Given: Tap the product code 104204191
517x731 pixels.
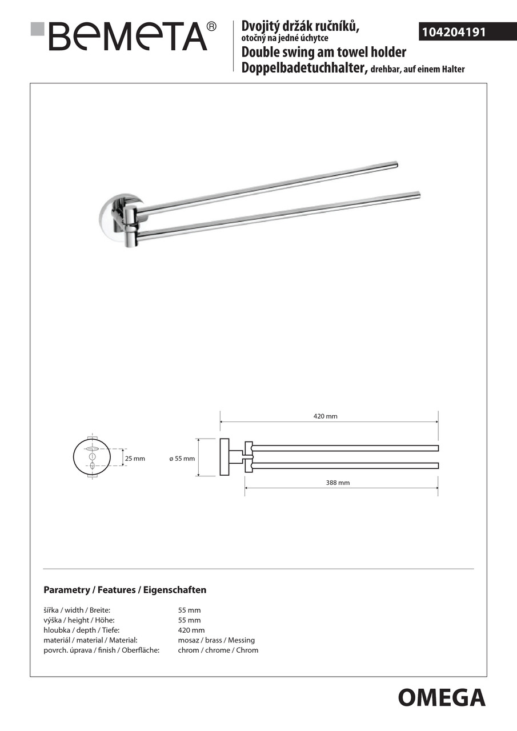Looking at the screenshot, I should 454,32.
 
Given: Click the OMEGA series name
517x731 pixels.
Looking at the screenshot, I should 442,697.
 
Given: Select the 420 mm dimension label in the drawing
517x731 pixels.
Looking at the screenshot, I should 325,416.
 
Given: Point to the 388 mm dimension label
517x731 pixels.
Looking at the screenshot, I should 338,483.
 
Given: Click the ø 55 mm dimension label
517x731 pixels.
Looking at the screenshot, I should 182,459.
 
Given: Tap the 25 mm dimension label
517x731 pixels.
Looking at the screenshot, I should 135,459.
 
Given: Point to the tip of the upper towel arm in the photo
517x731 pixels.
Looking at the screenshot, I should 394,165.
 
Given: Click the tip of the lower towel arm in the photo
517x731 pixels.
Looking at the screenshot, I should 417,195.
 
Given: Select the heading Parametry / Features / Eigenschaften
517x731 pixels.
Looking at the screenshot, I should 125,590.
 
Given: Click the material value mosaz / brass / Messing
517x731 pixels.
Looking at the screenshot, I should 217,640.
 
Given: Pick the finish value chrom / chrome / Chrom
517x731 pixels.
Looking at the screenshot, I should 218,650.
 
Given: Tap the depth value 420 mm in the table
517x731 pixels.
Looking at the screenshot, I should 191,630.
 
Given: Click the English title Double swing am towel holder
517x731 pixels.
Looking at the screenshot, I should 324,53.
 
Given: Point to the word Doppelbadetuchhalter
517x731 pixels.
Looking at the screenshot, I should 303,69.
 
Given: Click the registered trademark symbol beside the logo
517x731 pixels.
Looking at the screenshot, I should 211,26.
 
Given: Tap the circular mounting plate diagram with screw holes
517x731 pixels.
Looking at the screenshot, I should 91,459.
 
